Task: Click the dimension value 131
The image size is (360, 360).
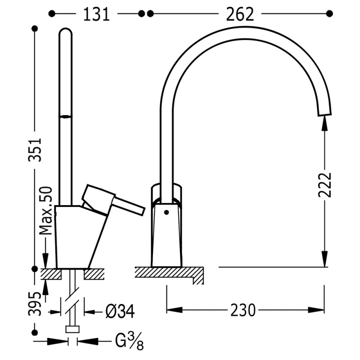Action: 96,14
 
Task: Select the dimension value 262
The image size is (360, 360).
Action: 240,14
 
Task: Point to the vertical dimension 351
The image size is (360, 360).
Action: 35,150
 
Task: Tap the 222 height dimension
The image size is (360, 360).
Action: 325,184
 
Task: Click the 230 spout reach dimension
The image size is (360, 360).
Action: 243,310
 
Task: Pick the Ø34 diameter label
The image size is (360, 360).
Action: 120,311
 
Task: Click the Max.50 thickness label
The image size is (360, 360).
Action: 46,211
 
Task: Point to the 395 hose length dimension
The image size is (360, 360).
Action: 35,304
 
